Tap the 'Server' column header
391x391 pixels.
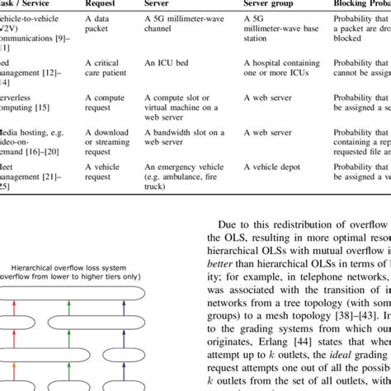(161, 4)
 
